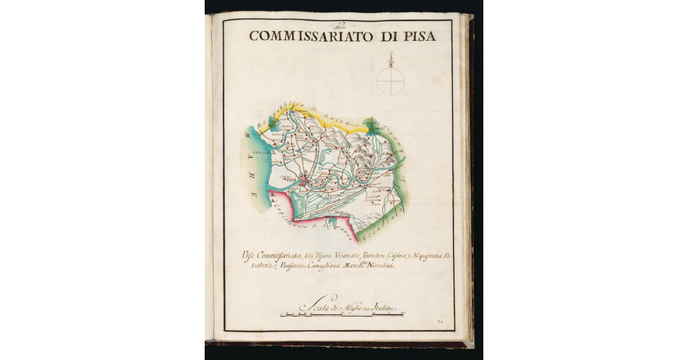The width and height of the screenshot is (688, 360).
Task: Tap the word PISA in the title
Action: point(417,36)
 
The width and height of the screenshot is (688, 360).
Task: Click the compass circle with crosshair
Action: point(390,81)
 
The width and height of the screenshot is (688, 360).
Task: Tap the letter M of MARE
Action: point(248,136)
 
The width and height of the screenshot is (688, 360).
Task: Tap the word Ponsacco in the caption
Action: point(275,265)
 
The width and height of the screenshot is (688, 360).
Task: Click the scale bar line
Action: point(341,315)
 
